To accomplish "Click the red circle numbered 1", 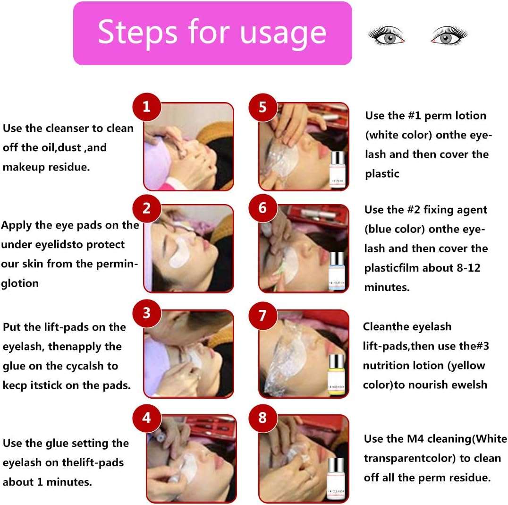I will pos(146,106).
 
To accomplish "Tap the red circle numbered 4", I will pos(146,418).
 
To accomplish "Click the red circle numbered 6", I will pos(262,208).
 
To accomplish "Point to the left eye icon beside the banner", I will pos(387,37).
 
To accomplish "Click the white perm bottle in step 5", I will pos(337,170).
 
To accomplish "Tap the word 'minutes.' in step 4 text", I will pos(71,482).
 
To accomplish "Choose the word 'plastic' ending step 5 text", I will pos(382,174).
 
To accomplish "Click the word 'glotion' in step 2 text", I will pos(20,283).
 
